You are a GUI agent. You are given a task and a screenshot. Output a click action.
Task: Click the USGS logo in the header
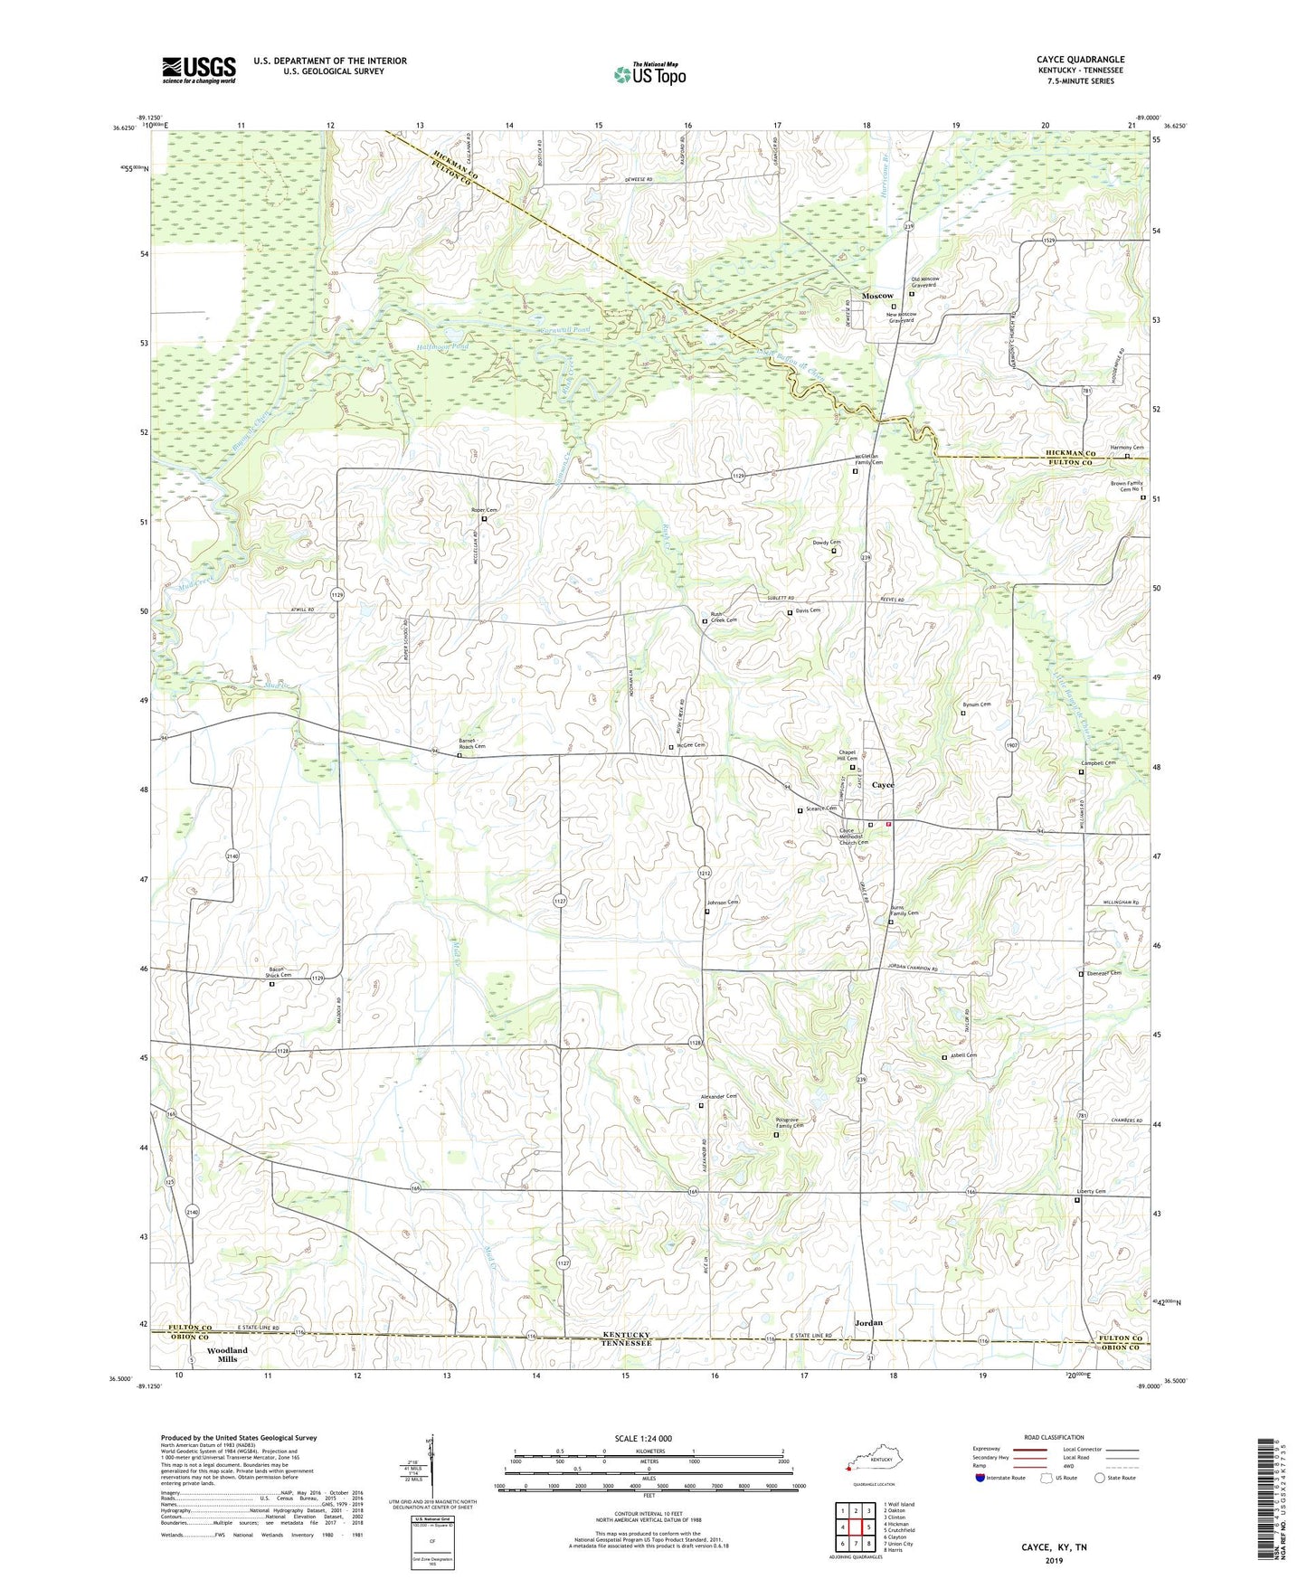[x=199, y=70]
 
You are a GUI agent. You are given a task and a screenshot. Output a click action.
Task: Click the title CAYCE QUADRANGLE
[x=1080, y=60]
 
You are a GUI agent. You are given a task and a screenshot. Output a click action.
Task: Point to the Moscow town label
[x=877, y=296]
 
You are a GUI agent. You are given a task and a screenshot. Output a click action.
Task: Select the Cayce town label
[x=882, y=785]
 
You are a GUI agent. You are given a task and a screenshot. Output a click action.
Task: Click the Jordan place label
[x=868, y=1322]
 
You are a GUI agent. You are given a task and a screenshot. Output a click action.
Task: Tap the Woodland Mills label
[x=227, y=1355]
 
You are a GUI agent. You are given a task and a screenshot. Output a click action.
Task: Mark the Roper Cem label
[x=485, y=511]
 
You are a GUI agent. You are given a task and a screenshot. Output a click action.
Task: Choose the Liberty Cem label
[x=1092, y=1192]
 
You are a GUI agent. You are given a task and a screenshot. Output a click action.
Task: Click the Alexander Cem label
[x=718, y=1096]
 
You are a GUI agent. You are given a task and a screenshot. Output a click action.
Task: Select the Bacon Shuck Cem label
[x=278, y=972]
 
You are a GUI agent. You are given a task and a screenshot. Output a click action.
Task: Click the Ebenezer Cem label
[x=1103, y=973]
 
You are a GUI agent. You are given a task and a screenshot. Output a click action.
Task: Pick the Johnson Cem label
[x=723, y=903]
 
